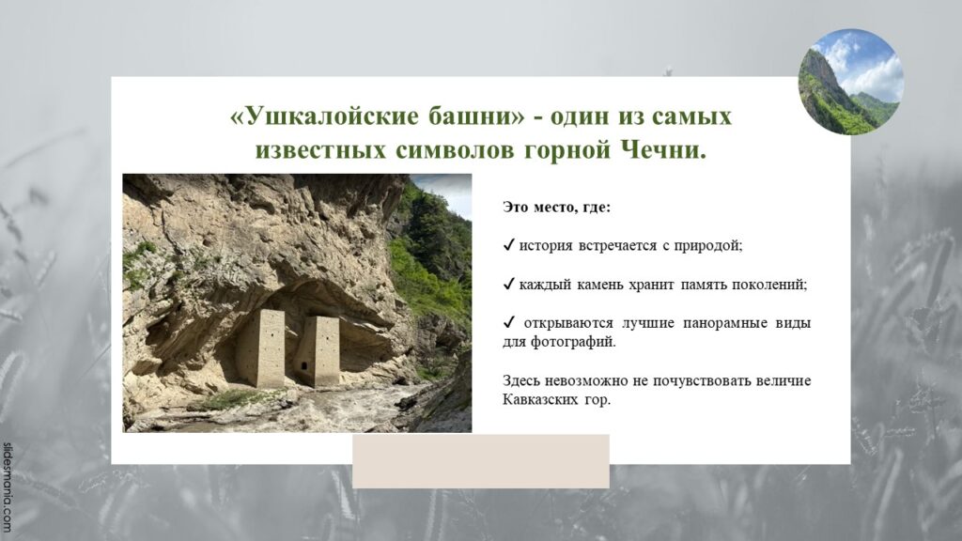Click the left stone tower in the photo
click(270, 348)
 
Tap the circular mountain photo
click(850, 82)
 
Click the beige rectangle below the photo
click(480, 460)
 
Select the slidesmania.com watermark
click(7, 487)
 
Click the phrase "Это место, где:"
click(556, 208)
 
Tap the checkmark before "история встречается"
click(508, 245)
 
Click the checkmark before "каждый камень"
click(508, 284)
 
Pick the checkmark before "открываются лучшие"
click(508, 323)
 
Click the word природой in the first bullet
click(708, 246)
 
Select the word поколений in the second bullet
click(769, 285)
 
